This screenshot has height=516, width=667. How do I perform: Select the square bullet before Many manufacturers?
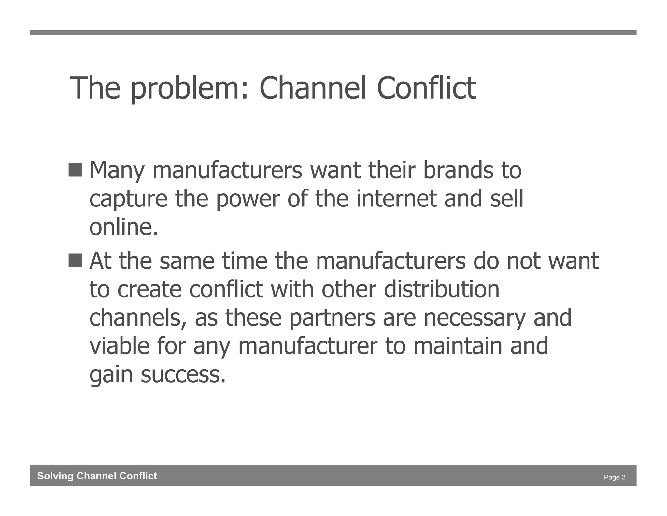click(75, 170)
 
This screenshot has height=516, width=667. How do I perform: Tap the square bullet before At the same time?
click(75, 260)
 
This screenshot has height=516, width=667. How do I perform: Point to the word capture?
click(128, 200)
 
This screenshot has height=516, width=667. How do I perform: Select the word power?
click(248, 200)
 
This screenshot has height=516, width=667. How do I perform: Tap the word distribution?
click(441, 290)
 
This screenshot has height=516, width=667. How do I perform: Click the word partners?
click(332, 318)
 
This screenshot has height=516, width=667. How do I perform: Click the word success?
click(183, 375)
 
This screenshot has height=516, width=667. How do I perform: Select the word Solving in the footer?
click(55, 476)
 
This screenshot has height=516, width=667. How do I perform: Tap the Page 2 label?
click(614, 477)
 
